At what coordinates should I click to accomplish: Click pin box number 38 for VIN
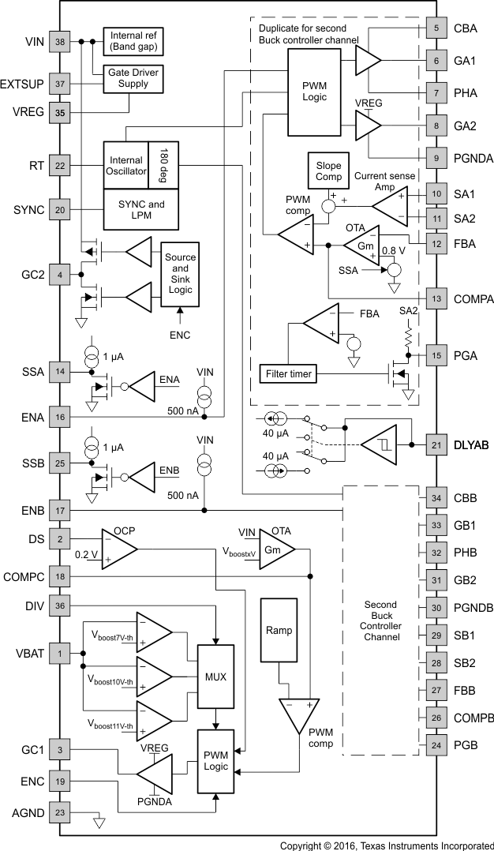tap(59, 42)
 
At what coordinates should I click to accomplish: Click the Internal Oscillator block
tap(125, 166)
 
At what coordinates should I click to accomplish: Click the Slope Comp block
tap(328, 171)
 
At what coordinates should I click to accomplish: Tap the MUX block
tap(215, 677)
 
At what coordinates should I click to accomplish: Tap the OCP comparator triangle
tap(118, 547)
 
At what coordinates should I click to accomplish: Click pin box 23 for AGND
tap(59, 811)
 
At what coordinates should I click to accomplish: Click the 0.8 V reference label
tap(393, 252)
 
